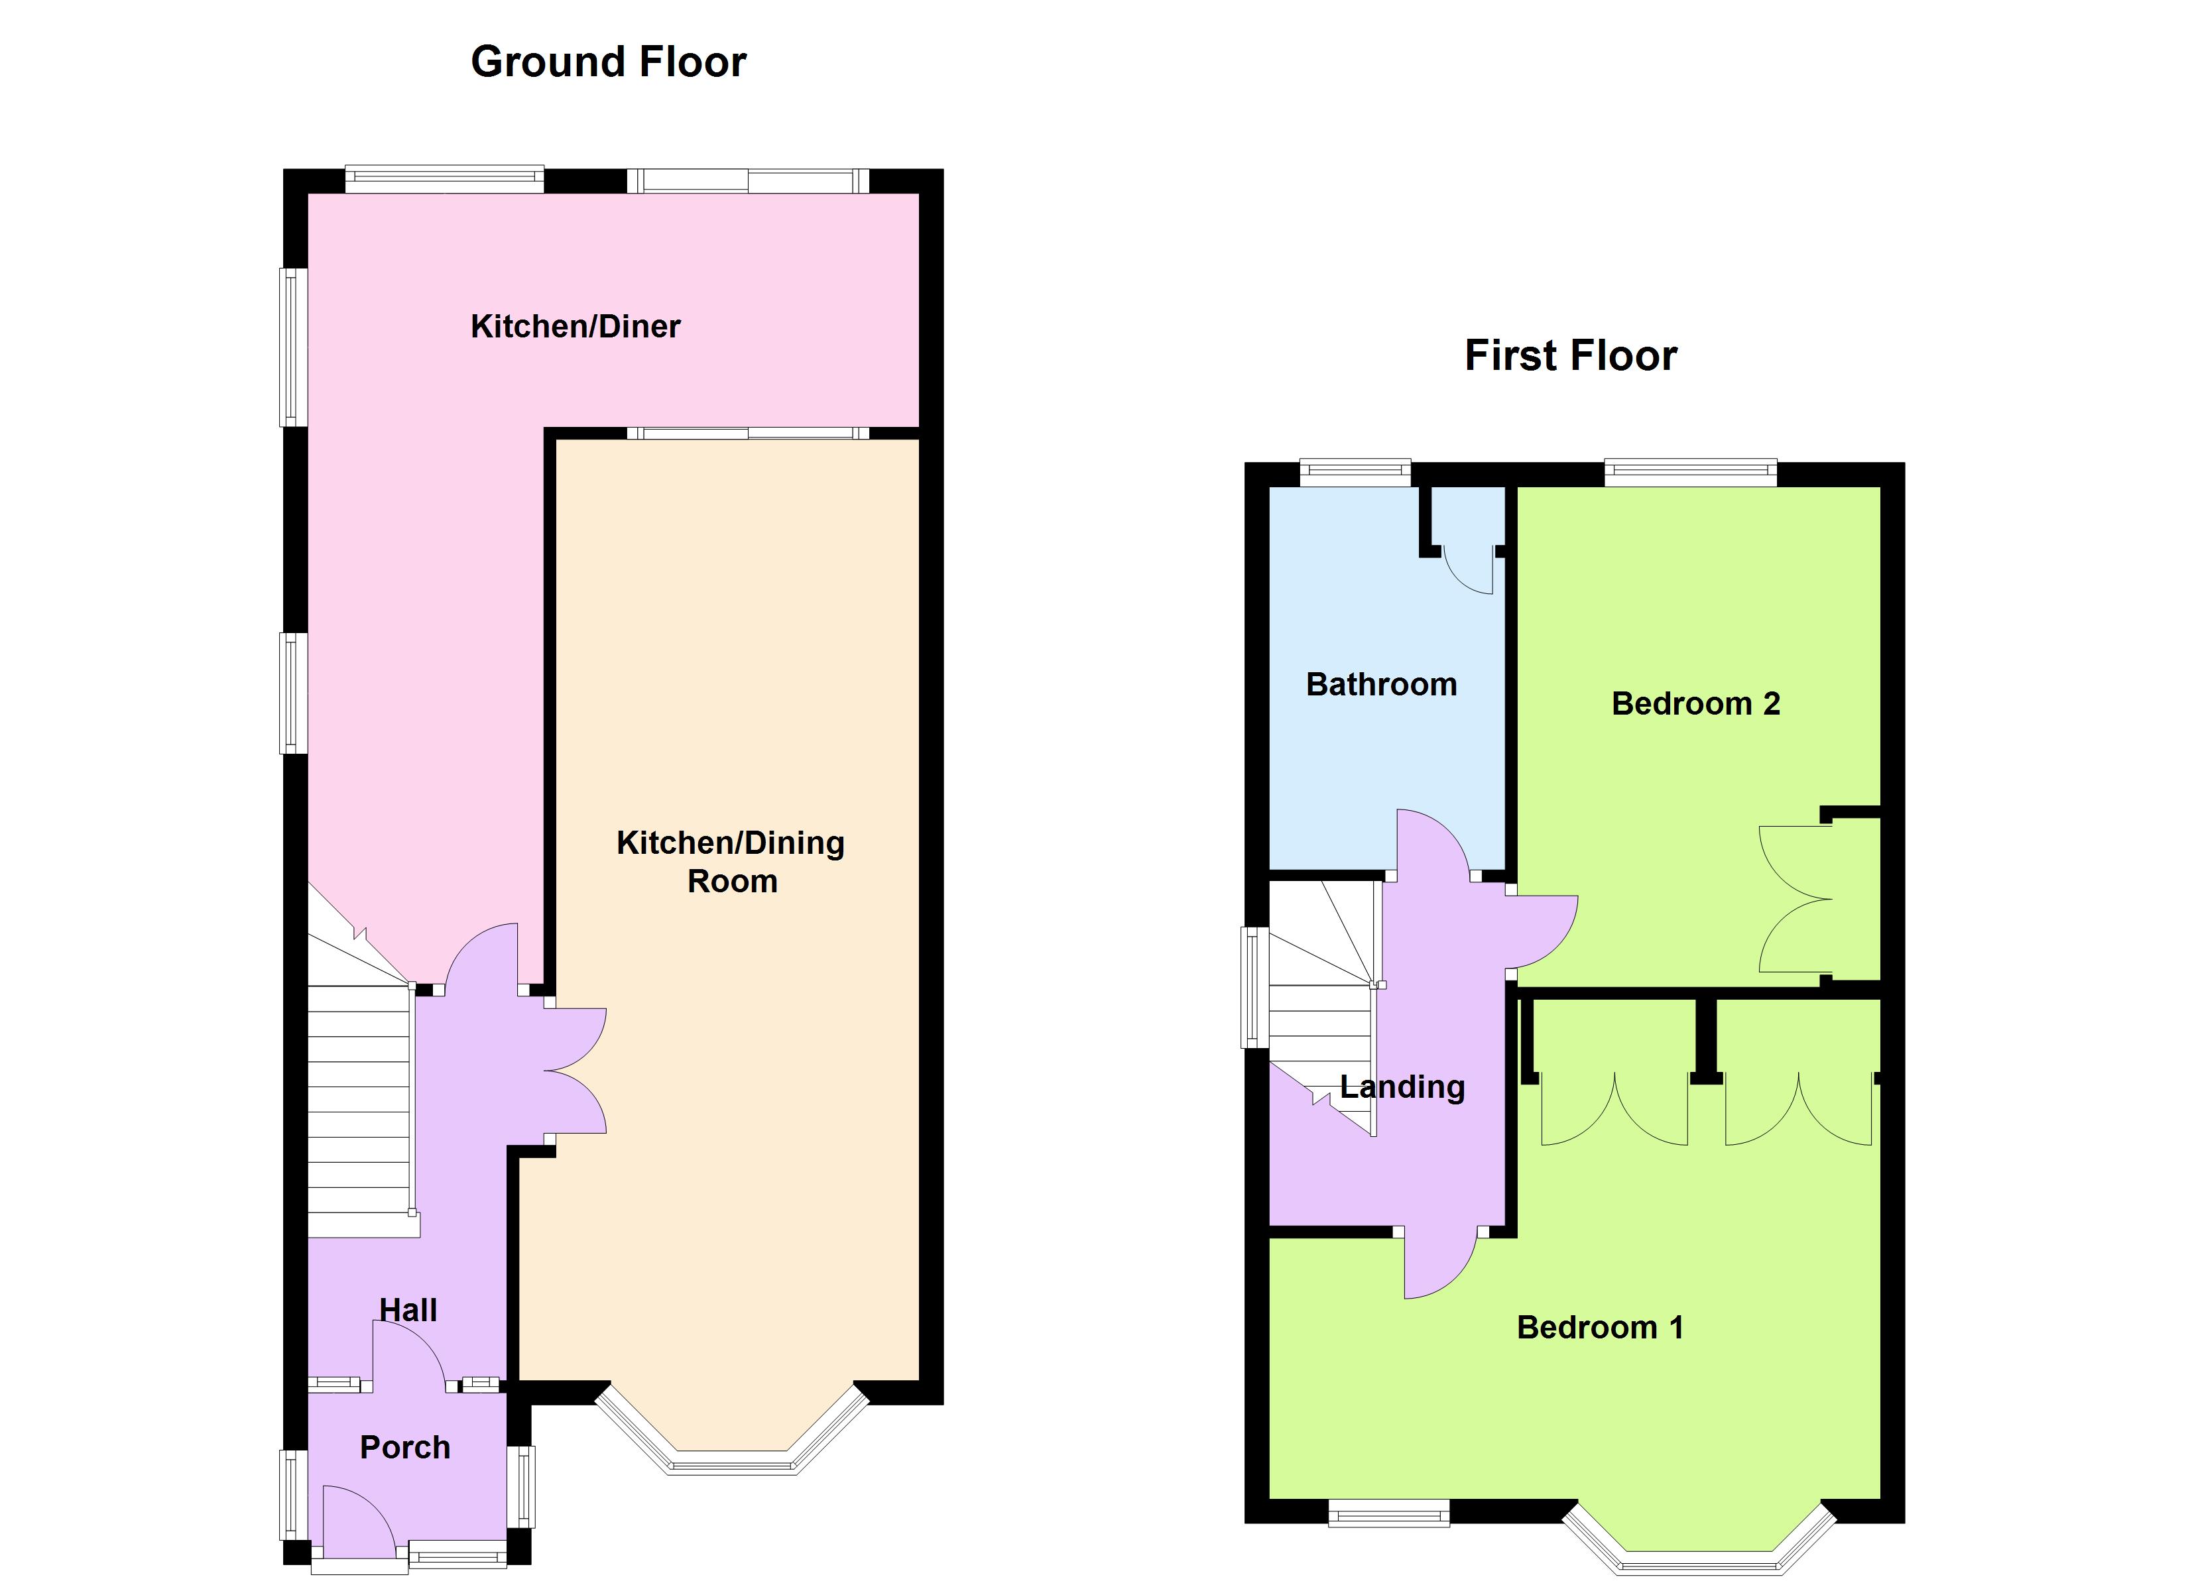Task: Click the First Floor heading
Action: pos(1571,356)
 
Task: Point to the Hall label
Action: pos(408,1310)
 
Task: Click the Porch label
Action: pos(405,1447)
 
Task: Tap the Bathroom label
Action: pos(1382,684)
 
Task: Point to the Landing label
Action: pos(1403,1087)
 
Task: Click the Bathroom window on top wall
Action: pos(1355,472)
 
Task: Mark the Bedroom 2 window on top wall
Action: pos(1690,472)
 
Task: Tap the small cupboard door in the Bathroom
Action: pos(1469,569)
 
